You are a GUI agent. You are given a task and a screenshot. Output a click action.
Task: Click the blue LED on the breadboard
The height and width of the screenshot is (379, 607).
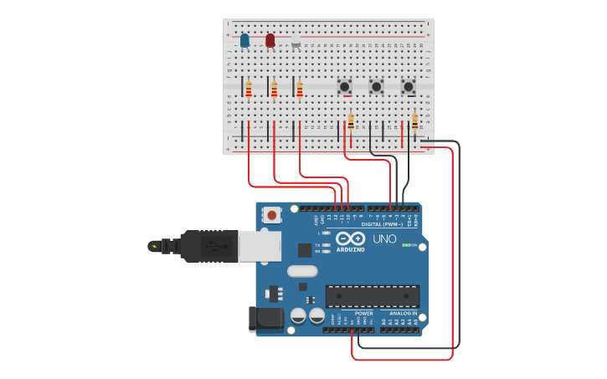[244, 40]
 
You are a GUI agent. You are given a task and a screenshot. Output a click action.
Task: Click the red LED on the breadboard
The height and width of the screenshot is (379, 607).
[270, 40]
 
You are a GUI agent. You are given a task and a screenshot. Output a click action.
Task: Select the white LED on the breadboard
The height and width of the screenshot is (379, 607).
[296, 41]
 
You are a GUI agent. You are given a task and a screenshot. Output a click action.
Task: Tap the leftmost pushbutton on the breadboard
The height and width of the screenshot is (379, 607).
[344, 86]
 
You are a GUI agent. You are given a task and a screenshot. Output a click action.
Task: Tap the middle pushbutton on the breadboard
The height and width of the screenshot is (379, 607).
[377, 86]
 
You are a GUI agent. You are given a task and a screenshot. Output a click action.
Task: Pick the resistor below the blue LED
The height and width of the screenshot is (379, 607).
[249, 89]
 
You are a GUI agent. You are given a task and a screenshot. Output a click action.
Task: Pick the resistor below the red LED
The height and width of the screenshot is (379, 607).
[275, 89]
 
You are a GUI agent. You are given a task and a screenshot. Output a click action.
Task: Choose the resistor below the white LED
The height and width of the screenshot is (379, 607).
[300, 89]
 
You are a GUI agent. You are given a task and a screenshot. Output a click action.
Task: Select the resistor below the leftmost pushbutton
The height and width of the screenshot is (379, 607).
[351, 122]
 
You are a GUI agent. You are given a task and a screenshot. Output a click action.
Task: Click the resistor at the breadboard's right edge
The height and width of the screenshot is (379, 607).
[414, 122]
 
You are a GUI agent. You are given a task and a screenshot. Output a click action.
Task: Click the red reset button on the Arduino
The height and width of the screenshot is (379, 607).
[272, 215]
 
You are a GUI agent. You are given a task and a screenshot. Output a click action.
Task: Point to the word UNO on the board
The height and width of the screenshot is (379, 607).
[384, 238]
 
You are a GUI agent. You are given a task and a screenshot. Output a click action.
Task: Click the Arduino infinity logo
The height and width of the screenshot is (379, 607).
[350, 238]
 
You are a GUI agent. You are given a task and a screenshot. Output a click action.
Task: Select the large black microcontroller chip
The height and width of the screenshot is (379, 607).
[373, 296]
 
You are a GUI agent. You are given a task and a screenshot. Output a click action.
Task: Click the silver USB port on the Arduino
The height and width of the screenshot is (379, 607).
[260, 247]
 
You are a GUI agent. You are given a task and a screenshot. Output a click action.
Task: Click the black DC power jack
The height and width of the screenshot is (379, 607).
[265, 319]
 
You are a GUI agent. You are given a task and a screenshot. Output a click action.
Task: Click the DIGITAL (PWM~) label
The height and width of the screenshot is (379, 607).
[382, 224]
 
